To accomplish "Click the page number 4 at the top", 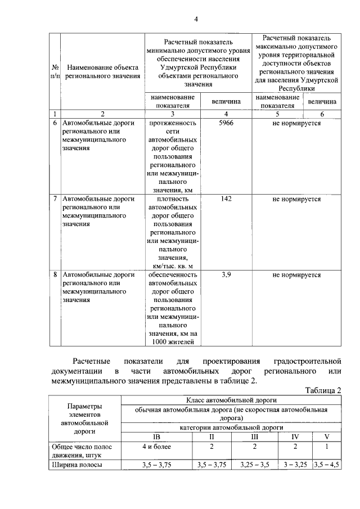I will (196, 20).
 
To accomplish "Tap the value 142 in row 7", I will (227, 199).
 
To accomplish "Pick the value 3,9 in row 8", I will (227, 274).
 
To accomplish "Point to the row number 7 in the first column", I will (55, 199).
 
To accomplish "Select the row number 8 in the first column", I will (55, 274).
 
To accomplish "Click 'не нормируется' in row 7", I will (296, 199).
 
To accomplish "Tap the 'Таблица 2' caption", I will (323, 391).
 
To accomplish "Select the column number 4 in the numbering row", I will (227, 112).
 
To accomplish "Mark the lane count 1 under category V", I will (327, 446).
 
